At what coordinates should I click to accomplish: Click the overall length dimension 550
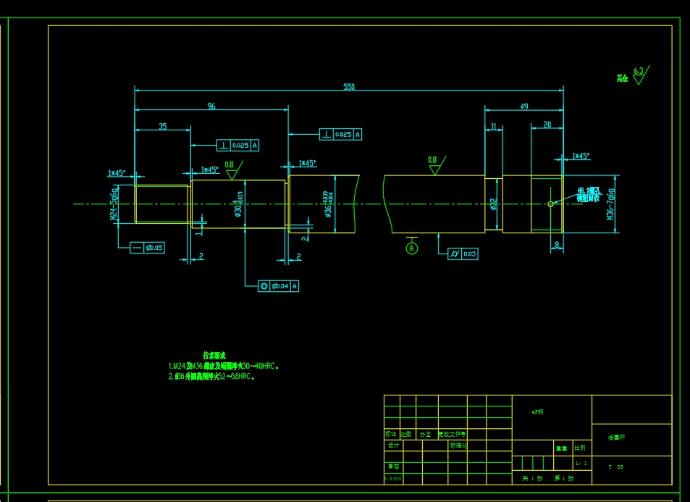click(349, 87)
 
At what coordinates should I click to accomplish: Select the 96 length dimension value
click(211, 106)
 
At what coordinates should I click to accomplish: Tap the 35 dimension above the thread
click(163, 126)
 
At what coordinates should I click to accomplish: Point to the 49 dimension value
click(524, 106)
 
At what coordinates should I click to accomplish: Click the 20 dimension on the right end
click(547, 125)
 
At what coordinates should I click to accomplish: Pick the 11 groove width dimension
click(494, 126)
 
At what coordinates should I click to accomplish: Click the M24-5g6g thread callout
click(114, 205)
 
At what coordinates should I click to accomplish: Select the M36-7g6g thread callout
click(611, 205)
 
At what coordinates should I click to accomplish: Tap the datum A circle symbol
click(412, 248)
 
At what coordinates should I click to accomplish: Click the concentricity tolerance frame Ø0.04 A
click(279, 286)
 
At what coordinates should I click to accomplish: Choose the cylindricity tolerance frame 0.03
click(463, 254)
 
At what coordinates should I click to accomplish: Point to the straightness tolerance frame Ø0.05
click(148, 248)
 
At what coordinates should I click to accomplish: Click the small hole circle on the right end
click(550, 204)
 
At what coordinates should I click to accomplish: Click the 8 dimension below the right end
click(556, 246)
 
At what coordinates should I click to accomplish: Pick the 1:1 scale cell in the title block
click(580, 462)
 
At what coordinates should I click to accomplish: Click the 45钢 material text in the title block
click(537, 411)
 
